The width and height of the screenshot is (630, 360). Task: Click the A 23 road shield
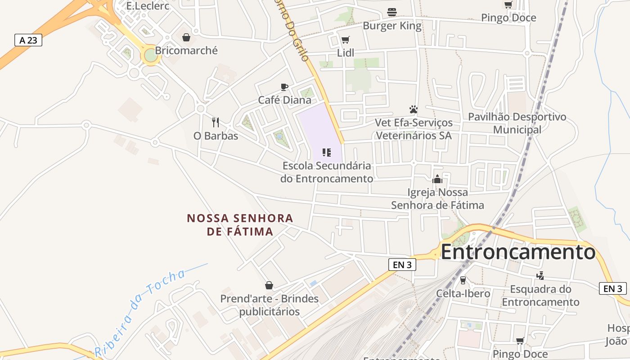pyautogui.click(x=28, y=40)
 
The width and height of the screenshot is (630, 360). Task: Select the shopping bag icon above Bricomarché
pyautogui.click(x=186, y=37)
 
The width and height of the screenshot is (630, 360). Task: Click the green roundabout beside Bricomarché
pyautogui.click(x=150, y=55)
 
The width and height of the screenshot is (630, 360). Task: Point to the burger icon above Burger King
pyautogui.click(x=392, y=12)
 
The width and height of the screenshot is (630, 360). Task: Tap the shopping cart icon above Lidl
pyautogui.click(x=345, y=40)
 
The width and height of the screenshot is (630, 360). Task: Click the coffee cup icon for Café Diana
pyautogui.click(x=284, y=87)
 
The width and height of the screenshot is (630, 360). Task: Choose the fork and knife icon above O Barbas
pyautogui.click(x=216, y=122)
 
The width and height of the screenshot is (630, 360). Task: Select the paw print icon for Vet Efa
pyautogui.click(x=414, y=109)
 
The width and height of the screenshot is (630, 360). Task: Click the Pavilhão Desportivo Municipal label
pyautogui.click(x=517, y=123)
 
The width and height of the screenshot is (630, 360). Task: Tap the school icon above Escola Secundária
pyautogui.click(x=327, y=153)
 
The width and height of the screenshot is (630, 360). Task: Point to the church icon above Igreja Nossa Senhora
pyautogui.click(x=437, y=180)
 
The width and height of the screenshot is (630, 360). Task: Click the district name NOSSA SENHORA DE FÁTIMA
pyautogui.click(x=240, y=225)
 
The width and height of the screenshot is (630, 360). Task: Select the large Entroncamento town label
pyautogui.click(x=518, y=252)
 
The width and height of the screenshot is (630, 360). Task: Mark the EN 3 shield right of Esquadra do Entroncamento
pyautogui.click(x=613, y=288)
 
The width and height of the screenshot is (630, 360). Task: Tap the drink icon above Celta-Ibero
pyautogui.click(x=463, y=280)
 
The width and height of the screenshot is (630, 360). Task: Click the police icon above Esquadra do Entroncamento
pyautogui.click(x=540, y=275)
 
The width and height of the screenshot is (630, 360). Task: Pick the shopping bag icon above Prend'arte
pyautogui.click(x=269, y=285)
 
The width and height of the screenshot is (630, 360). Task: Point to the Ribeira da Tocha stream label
pyautogui.click(x=140, y=313)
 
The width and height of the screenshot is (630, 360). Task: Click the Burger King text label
pyautogui.click(x=392, y=26)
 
